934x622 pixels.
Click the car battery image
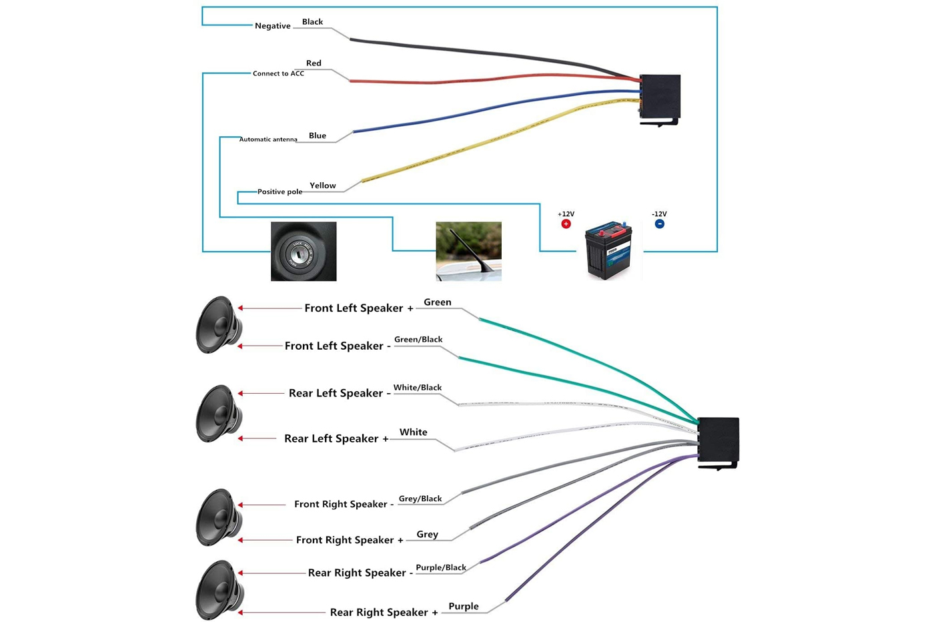pos(608,250)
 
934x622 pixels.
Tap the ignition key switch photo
pos(304,252)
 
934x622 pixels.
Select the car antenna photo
pos(468,251)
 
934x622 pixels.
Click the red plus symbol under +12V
pos(566,224)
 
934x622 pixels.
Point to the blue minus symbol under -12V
pos(659,224)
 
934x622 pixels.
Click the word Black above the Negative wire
pos(312,22)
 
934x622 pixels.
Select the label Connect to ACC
pos(278,73)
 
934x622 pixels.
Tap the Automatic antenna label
pos(268,139)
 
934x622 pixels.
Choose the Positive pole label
pos(280,192)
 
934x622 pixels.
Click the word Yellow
pos(323,186)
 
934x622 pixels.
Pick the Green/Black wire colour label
pos(418,340)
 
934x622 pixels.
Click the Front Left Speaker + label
pos(359,308)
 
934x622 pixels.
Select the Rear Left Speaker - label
pos(340,393)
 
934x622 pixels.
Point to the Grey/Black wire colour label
pos(420,499)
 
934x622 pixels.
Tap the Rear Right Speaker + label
pos(384,612)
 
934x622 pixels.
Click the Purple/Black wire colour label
pos(441,567)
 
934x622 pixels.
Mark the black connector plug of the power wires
pos(660,98)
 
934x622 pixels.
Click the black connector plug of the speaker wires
pos(719,442)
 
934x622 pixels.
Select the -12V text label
pos(659,214)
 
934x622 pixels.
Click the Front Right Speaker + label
pos(350,540)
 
